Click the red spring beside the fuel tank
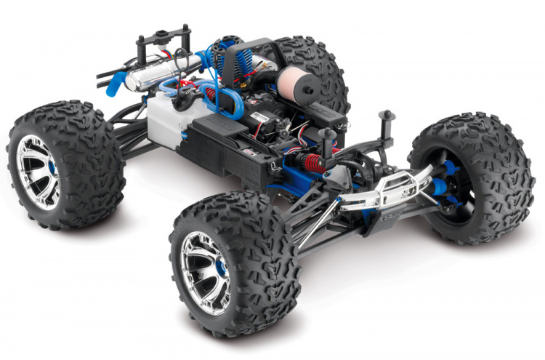(x=211, y=95)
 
